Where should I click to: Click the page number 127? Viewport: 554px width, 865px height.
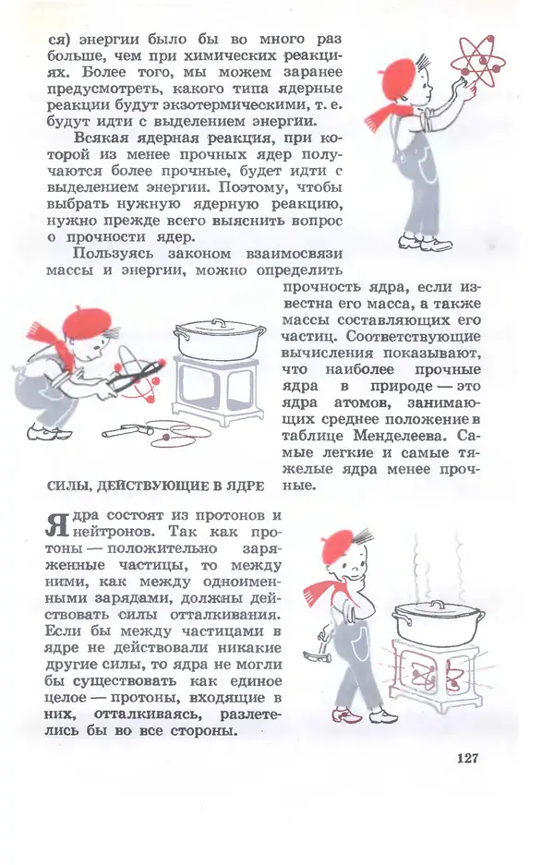[466, 758]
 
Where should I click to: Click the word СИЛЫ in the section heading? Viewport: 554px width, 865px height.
[66, 487]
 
